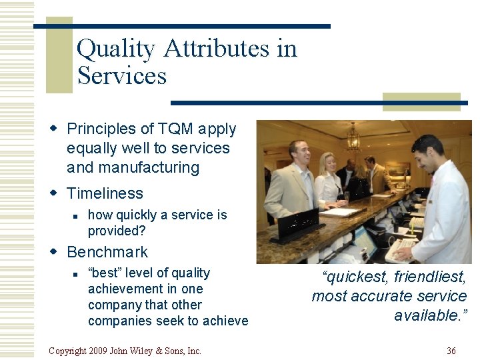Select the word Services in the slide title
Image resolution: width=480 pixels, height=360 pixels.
coord(121,75)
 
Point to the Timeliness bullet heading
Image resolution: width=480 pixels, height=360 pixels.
coord(105,193)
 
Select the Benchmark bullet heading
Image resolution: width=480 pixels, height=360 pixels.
coord(107,252)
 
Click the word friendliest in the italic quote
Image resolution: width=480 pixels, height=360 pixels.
coord(430,276)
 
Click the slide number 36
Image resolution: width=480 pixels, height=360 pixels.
coord(451,351)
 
